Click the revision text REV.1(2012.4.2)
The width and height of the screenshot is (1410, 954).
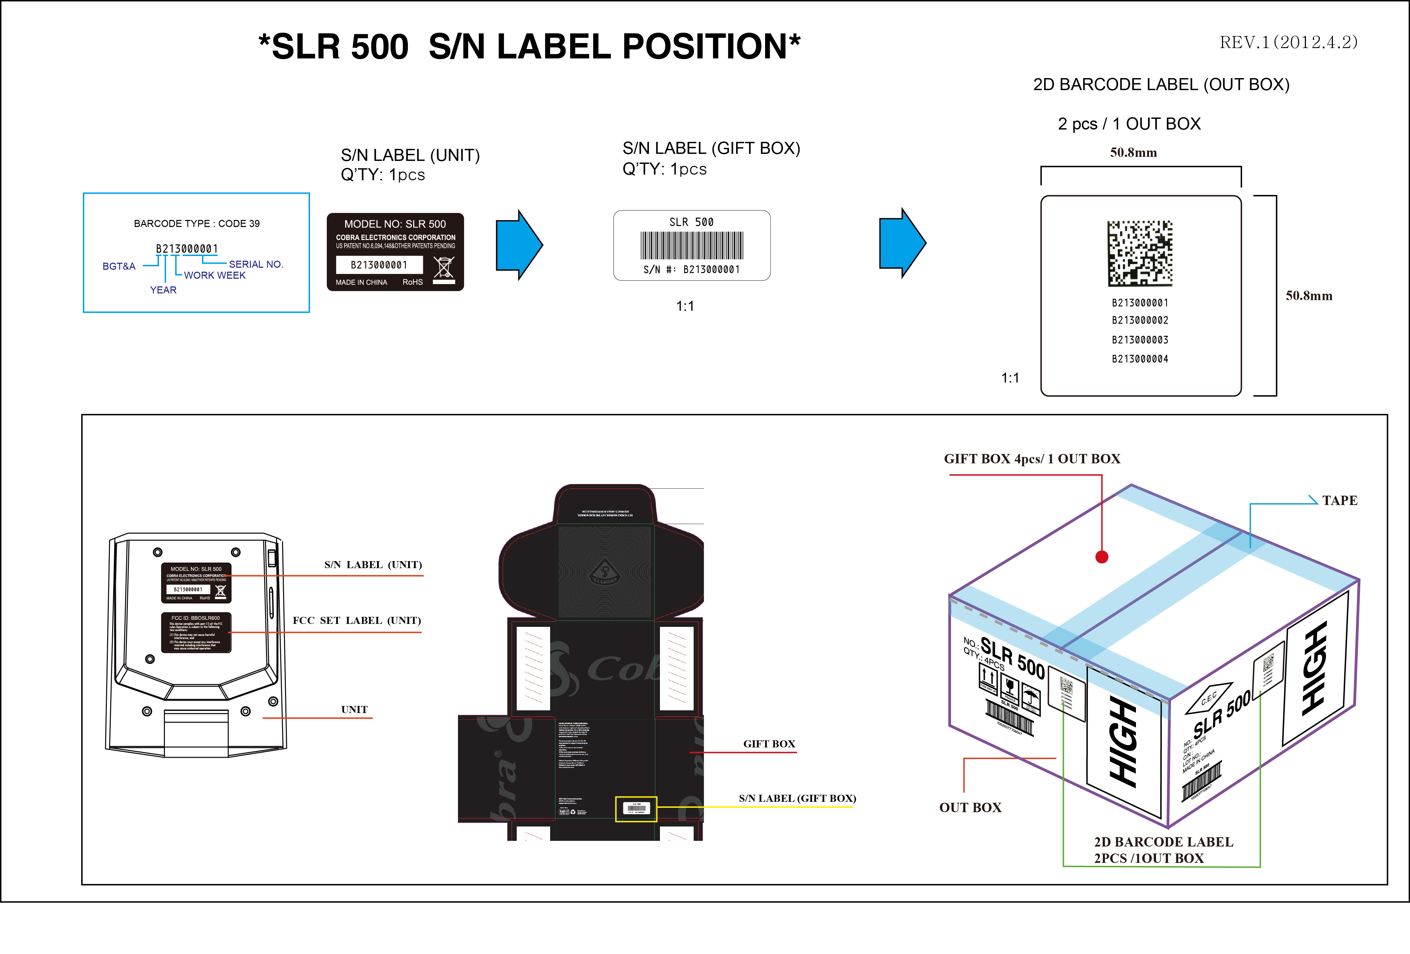(1288, 42)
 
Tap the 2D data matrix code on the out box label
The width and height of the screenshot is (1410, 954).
(1140, 254)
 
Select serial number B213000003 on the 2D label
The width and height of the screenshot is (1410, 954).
(1140, 340)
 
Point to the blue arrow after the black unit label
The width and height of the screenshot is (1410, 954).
(519, 245)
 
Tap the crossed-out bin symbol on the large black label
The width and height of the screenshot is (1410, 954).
(444, 268)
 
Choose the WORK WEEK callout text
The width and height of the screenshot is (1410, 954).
(215, 275)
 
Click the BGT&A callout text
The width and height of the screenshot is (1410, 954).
(119, 266)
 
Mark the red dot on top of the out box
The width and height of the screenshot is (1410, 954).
(1102, 556)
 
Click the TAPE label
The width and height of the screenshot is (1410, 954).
(1340, 501)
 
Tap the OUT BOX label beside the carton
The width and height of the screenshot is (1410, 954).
(970, 808)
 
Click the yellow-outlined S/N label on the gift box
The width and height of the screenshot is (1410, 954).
(636, 809)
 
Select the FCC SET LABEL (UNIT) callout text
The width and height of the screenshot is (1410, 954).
(357, 620)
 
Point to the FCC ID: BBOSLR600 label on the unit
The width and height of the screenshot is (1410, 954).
(196, 632)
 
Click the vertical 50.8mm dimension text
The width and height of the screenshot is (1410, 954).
(1309, 296)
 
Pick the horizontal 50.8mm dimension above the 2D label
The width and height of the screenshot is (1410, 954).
(1133, 153)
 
